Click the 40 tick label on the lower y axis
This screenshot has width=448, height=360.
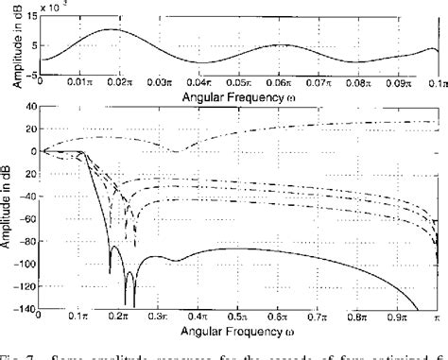pyautogui.click(x=28, y=106)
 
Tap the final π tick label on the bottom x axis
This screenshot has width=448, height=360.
pyautogui.click(x=439, y=318)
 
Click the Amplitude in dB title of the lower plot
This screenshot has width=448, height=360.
pyautogui.click(x=9, y=209)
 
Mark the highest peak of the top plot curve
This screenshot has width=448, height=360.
pyautogui.click(x=112, y=29)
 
